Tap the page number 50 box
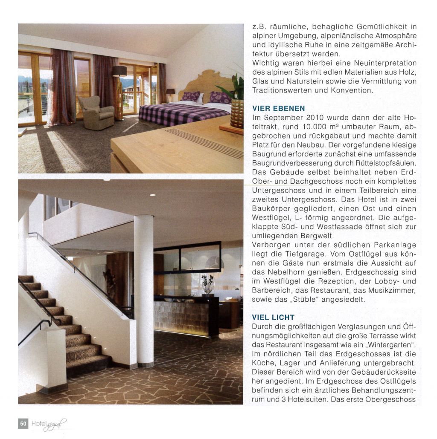point(23,423)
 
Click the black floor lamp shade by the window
point(119,71)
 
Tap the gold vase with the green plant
point(236,113)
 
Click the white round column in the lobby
point(143,290)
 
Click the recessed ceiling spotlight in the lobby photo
point(152,195)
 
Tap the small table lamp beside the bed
point(171,92)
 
